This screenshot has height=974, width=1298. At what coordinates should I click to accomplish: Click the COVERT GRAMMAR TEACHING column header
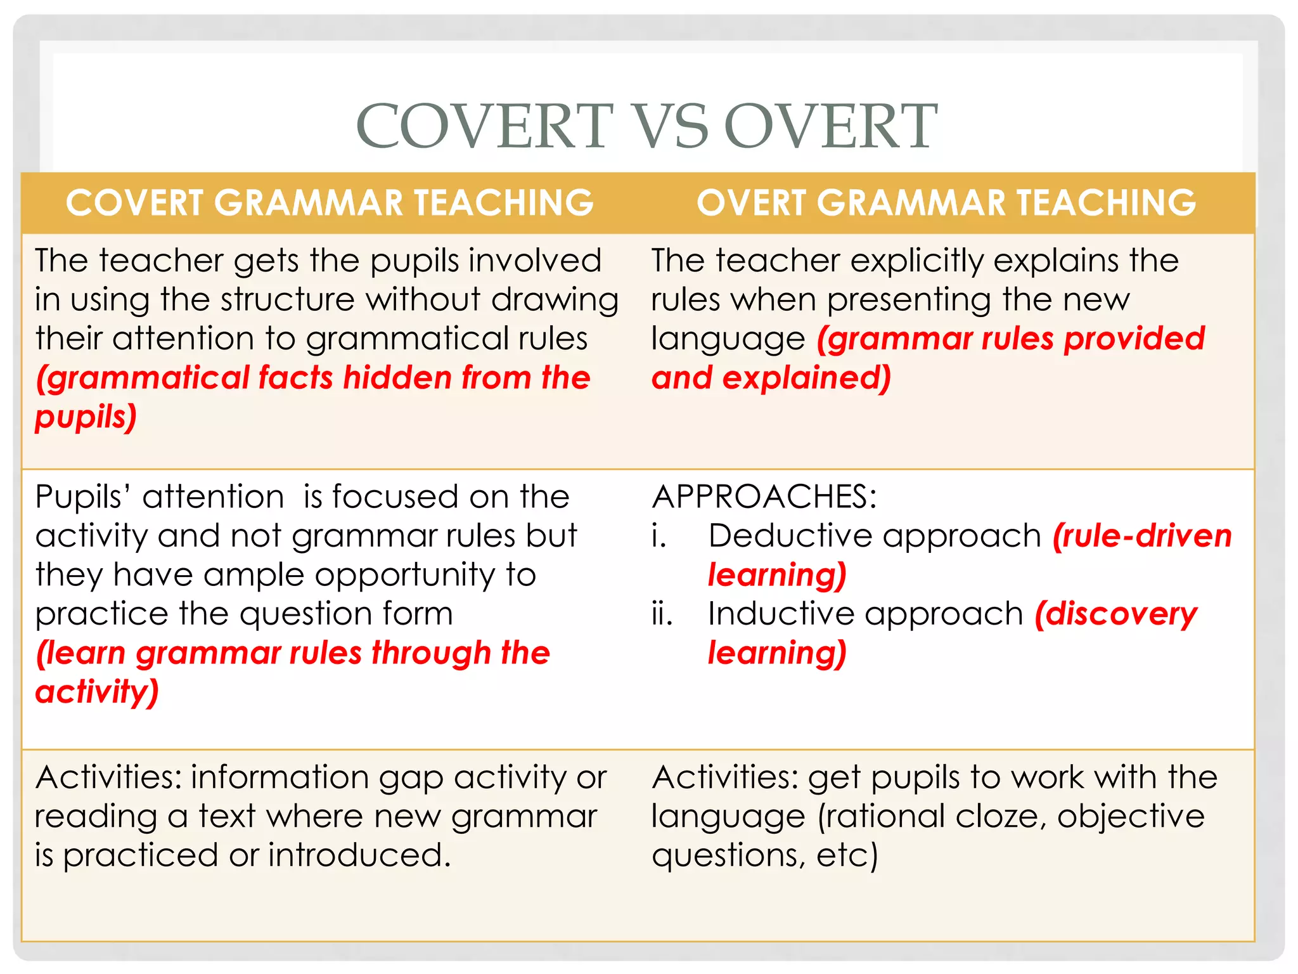click(x=330, y=203)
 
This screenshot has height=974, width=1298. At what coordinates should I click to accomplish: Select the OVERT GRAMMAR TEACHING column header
click(x=946, y=203)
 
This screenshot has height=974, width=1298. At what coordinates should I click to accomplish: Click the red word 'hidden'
click(x=396, y=378)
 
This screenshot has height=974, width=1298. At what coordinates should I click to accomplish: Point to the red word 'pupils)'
click(x=86, y=417)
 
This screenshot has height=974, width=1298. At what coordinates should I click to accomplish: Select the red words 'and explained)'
click(x=771, y=378)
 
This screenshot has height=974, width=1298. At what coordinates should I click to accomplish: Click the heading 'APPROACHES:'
click(x=764, y=497)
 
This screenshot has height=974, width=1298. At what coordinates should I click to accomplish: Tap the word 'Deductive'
click(x=794, y=536)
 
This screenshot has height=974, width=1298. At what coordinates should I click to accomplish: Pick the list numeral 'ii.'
click(x=662, y=614)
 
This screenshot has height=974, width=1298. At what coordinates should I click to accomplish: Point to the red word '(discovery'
click(x=1116, y=614)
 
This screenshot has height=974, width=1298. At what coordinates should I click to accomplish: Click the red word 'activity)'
click(x=96, y=692)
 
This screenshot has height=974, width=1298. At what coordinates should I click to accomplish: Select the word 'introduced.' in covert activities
click(x=359, y=855)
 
